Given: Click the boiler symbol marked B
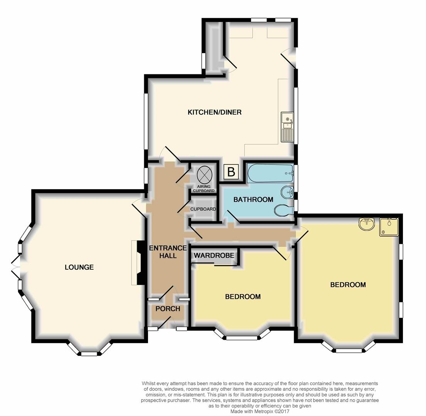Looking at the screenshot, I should click(x=231, y=172).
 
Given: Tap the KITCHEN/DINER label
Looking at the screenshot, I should click(x=214, y=112).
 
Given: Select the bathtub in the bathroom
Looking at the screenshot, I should click(x=270, y=173).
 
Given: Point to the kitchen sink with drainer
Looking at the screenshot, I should click(x=287, y=127).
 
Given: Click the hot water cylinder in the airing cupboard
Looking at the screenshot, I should click(x=204, y=175).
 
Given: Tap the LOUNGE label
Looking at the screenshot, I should click(x=79, y=267).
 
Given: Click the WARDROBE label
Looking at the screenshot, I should click(x=214, y=255).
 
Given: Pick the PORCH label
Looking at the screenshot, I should click(x=168, y=309).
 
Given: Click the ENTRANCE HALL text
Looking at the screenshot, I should click(x=168, y=252).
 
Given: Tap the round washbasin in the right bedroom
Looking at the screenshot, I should click(x=366, y=223).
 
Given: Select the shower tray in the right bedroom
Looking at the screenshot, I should click(x=389, y=226).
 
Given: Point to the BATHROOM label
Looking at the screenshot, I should click(x=253, y=200).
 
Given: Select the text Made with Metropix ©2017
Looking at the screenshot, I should click(x=259, y=411).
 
